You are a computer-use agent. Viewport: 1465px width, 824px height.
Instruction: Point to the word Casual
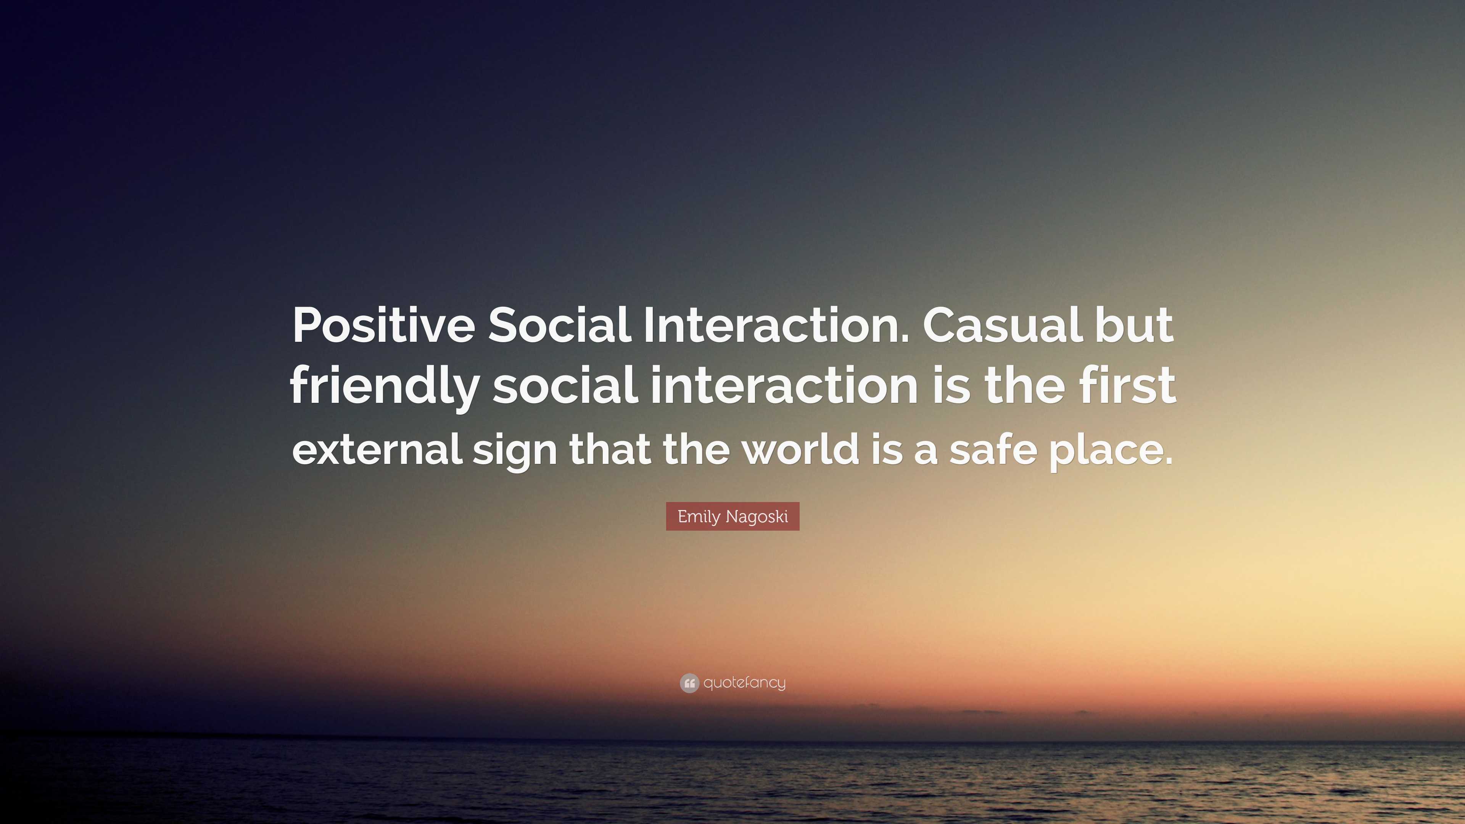1003,325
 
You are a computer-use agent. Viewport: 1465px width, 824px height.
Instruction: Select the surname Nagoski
757,517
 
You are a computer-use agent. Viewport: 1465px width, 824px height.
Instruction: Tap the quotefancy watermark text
744,683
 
